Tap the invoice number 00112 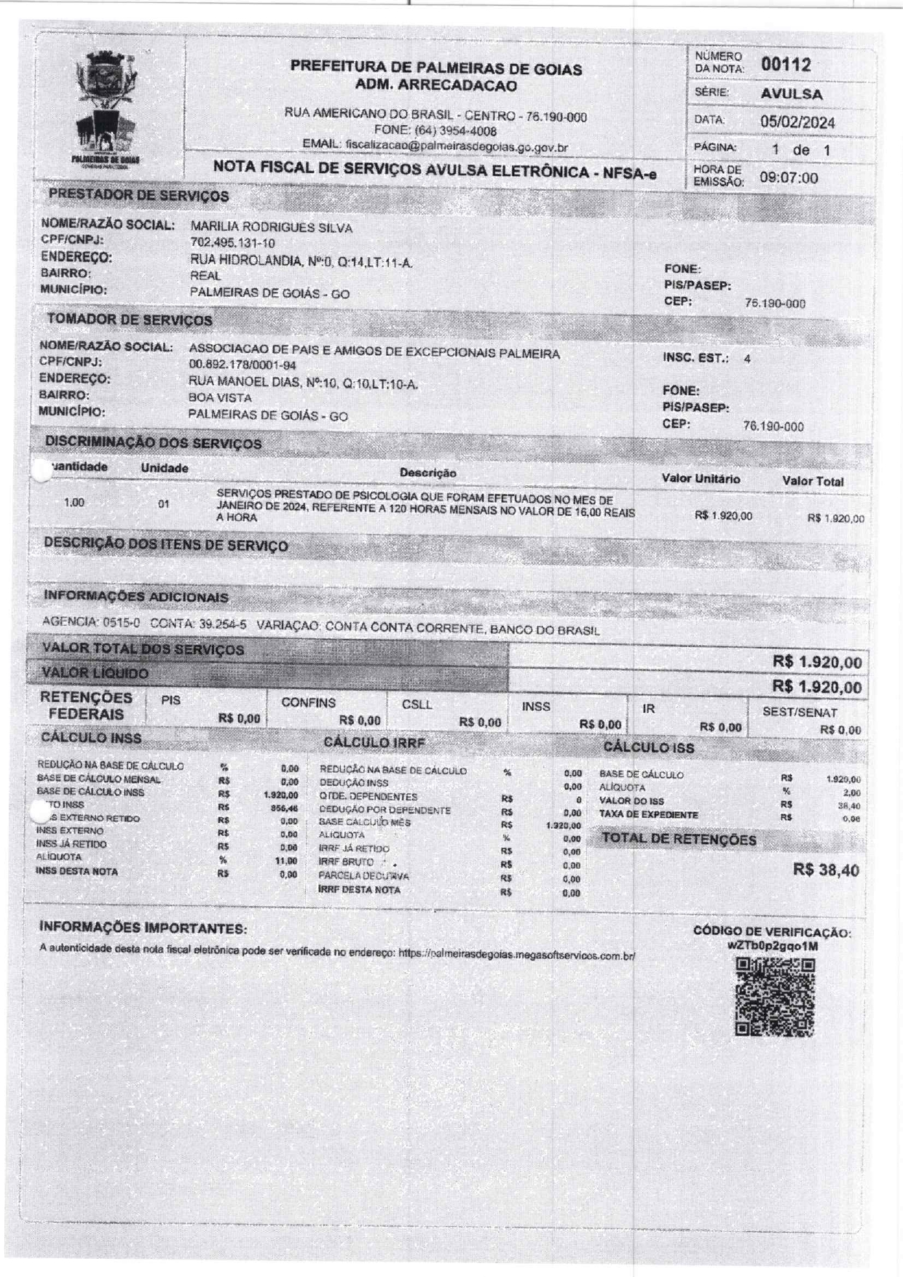click(x=786, y=65)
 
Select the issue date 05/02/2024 click(x=797, y=122)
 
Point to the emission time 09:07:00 click(x=789, y=178)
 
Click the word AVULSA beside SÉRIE click(x=792, y=94)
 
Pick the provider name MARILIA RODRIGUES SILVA click(x=271, y=228)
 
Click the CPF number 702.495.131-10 click(x=232, y=243)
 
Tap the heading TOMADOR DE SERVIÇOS click(x=130, y=319)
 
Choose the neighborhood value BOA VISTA click(x=220, y=398)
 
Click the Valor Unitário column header click(x=701, y=479)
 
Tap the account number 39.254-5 click(x=223, y=624)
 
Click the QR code click(x=775, y=996)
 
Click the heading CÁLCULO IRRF click(x=374, y=742)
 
